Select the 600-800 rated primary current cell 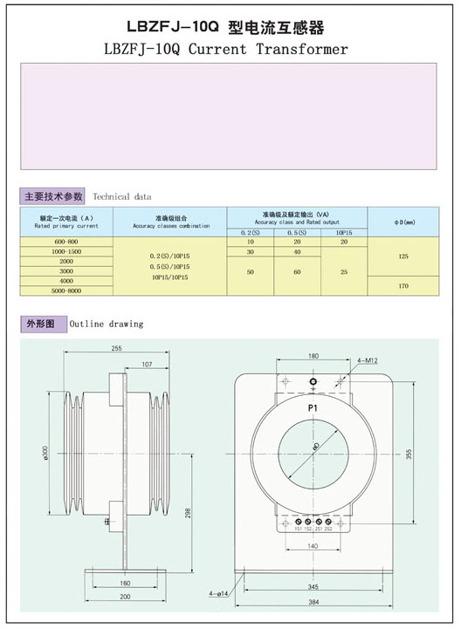click(66, 241)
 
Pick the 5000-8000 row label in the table click(66, 291)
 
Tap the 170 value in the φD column click(403, 285)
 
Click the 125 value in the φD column click(403, 256)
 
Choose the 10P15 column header click(345, 232)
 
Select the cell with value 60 click(298, 271)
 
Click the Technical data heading click(121, 197)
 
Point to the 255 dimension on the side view click(116, 348)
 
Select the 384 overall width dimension click(313, 603)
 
